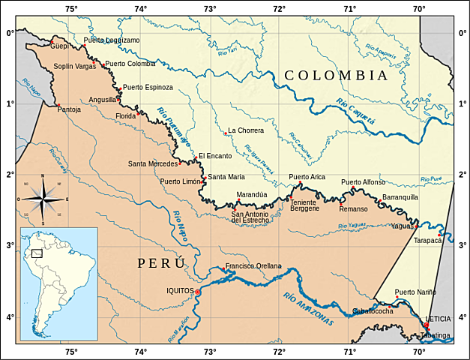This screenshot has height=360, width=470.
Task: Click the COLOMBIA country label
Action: pos(336,76)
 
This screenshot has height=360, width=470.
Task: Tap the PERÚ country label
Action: pos(161,263)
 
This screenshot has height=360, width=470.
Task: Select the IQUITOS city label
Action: pos(179,291)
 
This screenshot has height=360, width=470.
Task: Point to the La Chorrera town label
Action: pos(246,130)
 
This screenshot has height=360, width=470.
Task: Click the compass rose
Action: pos(43,199)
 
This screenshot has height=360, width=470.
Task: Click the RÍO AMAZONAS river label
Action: pos(308,308)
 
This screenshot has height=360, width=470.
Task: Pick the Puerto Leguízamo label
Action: pos(112,40)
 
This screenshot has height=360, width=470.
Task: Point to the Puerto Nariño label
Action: pos(415,292)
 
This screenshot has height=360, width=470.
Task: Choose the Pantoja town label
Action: pos(69,109)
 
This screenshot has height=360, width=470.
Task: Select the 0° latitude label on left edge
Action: pos(10,32)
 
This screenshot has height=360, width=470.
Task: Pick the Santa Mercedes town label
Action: pos(152,163)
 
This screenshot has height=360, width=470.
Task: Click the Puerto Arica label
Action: pos(307,177)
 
